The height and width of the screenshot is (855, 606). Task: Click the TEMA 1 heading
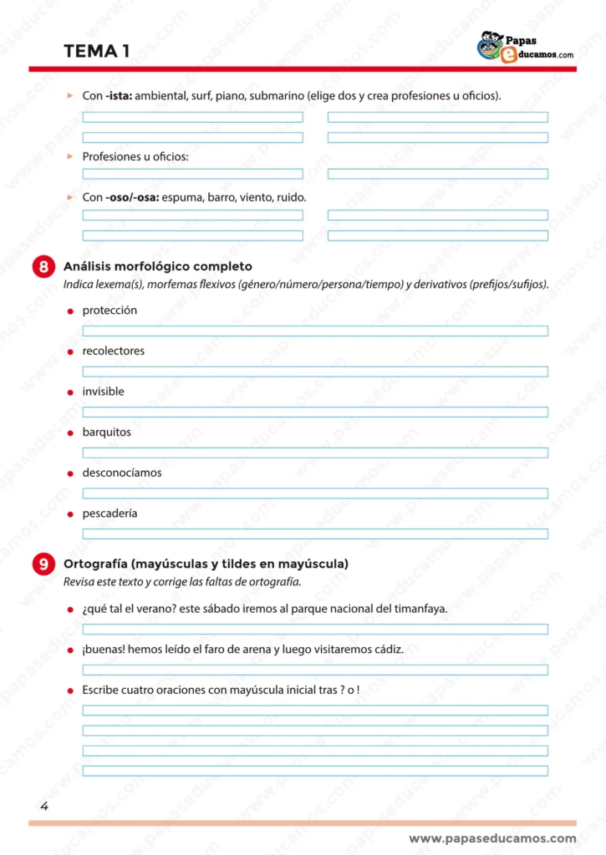(96, 51)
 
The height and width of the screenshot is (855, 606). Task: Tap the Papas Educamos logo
(525, 48)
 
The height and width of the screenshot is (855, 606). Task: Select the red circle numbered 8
(42, 267)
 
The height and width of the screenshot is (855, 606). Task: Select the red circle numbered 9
(42, 564)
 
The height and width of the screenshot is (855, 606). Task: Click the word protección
(109, 311)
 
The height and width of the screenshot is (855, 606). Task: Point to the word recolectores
(113, 352)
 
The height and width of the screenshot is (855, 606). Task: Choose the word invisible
(103, 392)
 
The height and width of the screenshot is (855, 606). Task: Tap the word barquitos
(106, 433)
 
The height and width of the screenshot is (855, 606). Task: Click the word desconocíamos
(122, 473)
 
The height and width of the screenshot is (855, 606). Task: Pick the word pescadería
(109, 514)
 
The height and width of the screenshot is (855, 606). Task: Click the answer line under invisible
(315, 412)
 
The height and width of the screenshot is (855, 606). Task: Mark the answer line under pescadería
(315, 534)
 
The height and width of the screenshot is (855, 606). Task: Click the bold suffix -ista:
(119, 96)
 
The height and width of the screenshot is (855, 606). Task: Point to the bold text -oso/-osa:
(132, 198)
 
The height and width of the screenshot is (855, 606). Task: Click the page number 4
(44, 807)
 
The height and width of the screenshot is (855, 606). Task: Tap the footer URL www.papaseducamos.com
(492, 838)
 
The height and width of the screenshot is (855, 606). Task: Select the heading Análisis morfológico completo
(158, 267)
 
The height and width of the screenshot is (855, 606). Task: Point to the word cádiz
(389, 650)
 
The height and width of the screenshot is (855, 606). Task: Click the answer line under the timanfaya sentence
(315, 629)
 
